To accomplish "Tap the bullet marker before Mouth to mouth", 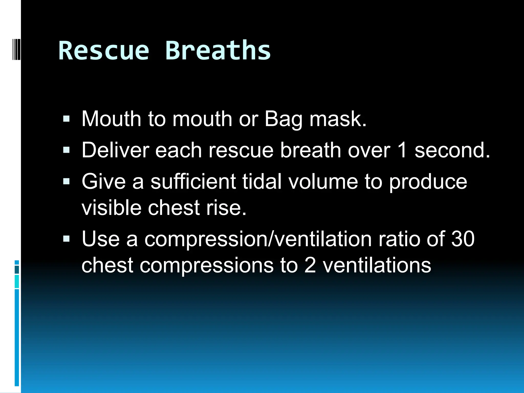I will point(66,119).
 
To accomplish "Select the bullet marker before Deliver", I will point(66,150).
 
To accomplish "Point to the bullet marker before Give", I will point(66,181).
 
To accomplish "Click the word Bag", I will point(283,119).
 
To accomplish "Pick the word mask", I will point(338,119).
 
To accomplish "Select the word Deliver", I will point(115,150).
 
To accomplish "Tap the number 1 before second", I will point(402,150).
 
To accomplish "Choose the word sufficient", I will point(193,181).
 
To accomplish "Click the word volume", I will point(323,181).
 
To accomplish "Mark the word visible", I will point(111,208).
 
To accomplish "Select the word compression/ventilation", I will point(258,239).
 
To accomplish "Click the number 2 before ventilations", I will point(310,265).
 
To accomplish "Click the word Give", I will point(104,181).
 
